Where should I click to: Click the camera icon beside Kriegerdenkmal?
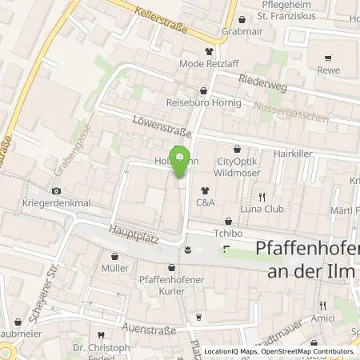click(56, 191)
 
